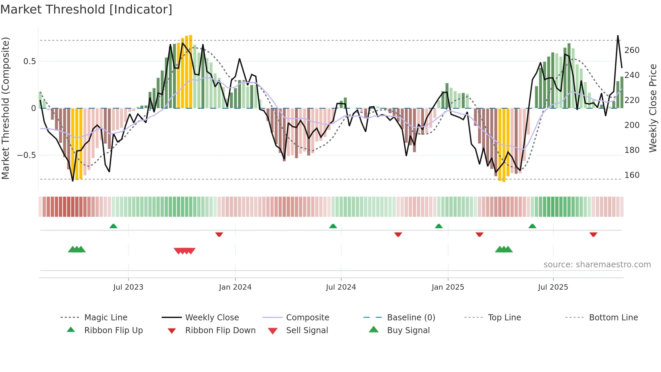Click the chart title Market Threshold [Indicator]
(x=86, y=9)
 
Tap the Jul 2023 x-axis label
(x=128, y=287)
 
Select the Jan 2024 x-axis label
(x=235, y=287)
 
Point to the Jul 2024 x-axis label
(x=341, y=287)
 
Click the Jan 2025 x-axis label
(x=448, y=287)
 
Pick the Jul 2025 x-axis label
(x=553, y=287)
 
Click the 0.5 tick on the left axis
(x=29, y=61)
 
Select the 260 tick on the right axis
(x=632, y=50)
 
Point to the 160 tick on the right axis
(x=632, y=175)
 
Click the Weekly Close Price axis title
(x=653, y=108)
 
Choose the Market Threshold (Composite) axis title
(x=6, y=108)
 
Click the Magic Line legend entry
(x=106, y=318)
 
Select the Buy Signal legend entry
(x=408, y=330)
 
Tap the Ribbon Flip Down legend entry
(x=220, y=330)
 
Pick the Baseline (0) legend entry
(x=411, y=318)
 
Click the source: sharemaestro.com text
(x=597, y=265)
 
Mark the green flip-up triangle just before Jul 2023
(x=113, y=226)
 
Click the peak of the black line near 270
(x=618, y=36)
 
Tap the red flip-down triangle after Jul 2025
(x=593, y=234)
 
